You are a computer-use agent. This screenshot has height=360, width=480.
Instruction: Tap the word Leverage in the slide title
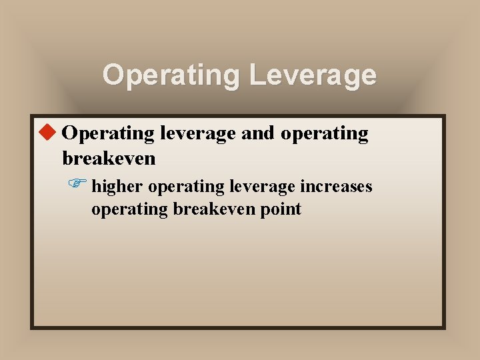313,75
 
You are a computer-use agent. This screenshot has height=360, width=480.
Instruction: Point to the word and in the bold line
257,133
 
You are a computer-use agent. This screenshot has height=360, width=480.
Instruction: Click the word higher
117,187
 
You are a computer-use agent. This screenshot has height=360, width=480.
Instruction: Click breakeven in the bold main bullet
109,159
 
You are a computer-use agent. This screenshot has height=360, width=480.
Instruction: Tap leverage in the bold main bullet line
197,133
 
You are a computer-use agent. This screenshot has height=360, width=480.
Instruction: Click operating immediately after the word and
324,133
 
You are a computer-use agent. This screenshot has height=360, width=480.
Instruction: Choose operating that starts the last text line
129,209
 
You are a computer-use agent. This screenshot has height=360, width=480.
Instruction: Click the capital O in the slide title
113,75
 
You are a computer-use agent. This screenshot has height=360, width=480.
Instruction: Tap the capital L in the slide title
257,75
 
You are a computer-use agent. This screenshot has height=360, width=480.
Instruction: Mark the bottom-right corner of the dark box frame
444,327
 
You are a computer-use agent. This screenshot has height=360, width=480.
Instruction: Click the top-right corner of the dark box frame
444,115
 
